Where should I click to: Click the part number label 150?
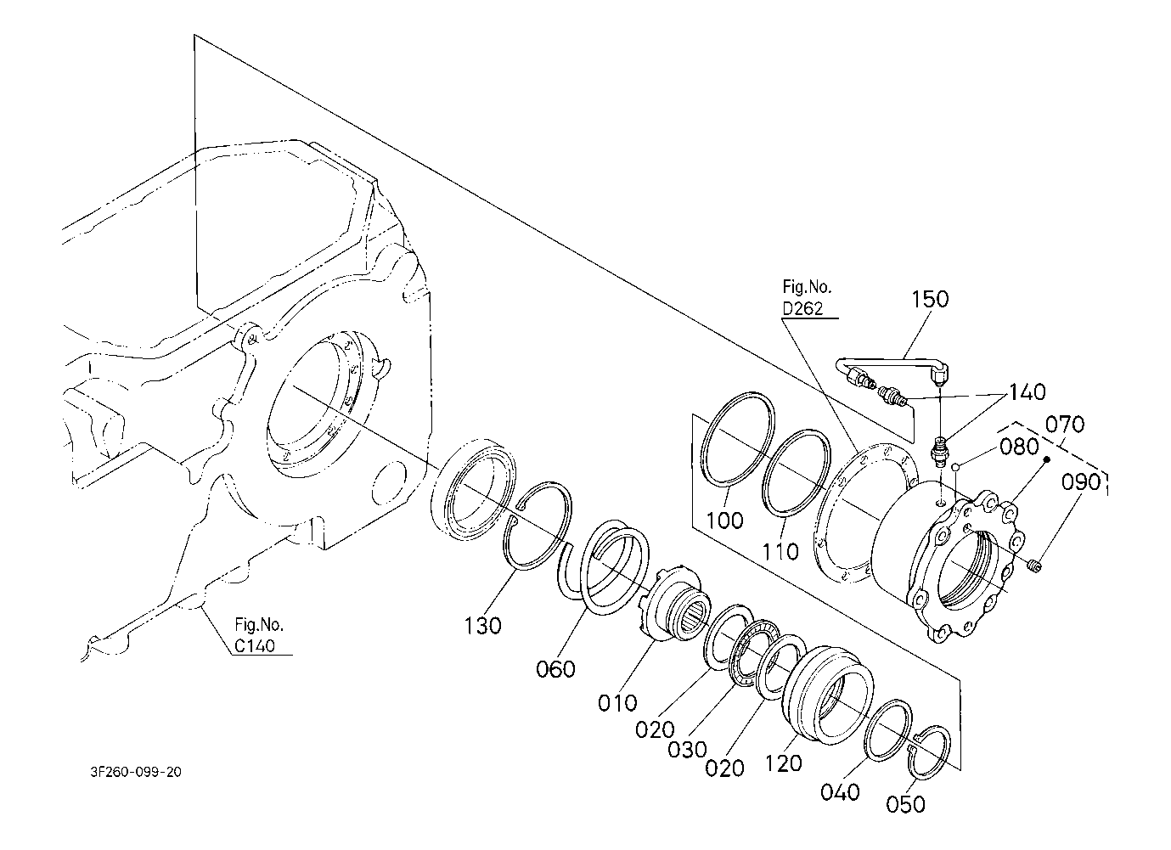pos(930,300)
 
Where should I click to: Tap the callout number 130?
pos(482,625)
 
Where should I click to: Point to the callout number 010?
pos(617,703)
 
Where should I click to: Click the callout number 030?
pos(688,750)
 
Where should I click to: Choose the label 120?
pos(783,763)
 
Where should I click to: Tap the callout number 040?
pos(840,792)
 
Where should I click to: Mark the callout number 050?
pos(905,804)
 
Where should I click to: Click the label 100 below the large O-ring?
pos(724,521)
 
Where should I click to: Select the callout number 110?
pos(780,551)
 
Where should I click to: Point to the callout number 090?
pos(1080,481)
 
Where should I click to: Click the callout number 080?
pos(1019,447)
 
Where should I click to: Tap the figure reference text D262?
pos(803,308)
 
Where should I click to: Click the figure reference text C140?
pos(255,646)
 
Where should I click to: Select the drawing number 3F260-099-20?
pos(136,772)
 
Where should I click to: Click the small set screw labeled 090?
pos(1033,565)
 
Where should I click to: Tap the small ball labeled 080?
pos(954,466)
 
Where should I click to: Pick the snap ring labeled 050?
pos(930,752)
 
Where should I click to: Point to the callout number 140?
pos(1027,392)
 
